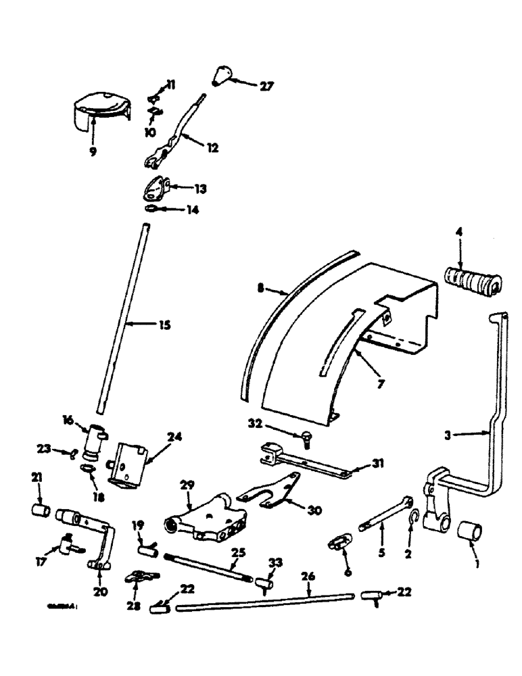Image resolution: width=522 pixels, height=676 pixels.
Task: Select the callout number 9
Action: (93, 151)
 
